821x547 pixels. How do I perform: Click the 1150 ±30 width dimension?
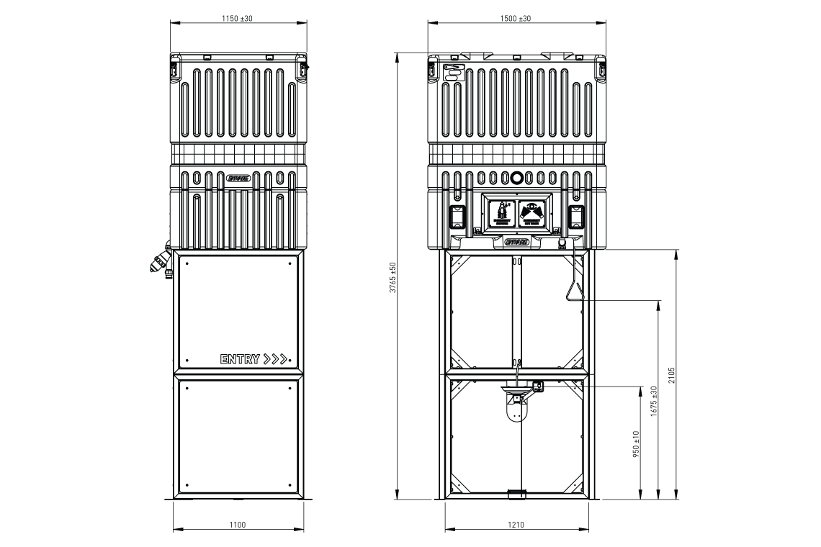(237, 18)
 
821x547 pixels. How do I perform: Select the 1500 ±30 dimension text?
(515, 18)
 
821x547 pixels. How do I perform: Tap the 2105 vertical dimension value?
(671, 374)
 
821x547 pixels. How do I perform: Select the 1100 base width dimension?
(237, 525)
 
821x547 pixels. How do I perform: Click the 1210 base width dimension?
(515, 525)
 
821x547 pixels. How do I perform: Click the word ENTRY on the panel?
(240, 359)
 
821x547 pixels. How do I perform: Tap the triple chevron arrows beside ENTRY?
(277, 359)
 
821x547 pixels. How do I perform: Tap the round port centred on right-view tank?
(516, 177)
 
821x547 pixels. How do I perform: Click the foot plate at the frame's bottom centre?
(517, 494)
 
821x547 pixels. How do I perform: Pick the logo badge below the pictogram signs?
(517, 242)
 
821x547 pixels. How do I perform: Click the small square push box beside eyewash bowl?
(539, 386)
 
